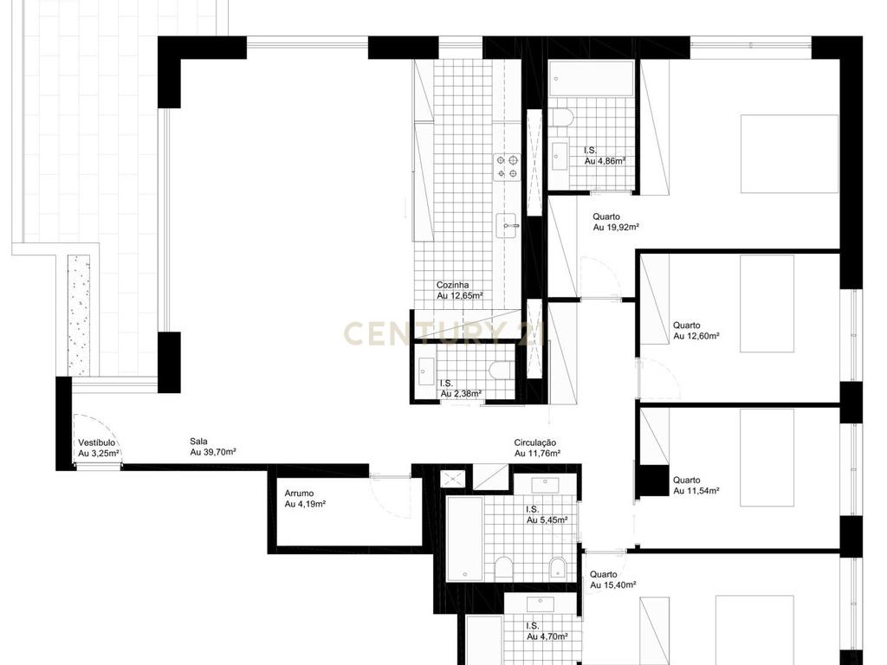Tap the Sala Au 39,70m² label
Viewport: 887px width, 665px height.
click(x=213, y=447)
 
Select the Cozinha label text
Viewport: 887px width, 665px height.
click(x=452, y=286)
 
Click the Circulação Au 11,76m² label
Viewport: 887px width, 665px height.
click(x=537, y=448)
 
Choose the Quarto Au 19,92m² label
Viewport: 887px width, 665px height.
click(x=616, y=222)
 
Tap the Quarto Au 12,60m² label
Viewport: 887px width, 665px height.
click(x=696, y=330)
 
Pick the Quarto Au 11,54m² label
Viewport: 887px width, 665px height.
click(x=696, y=485)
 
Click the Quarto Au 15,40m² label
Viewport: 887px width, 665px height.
click(x=613, y=579)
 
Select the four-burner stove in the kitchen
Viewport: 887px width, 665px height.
click(x=507, y=167)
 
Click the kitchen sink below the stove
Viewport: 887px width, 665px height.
click(x=508, y=225)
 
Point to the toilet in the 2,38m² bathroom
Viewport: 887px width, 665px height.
click(x=500, y=371)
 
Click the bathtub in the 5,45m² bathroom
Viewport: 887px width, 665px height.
click(x=465, y=539)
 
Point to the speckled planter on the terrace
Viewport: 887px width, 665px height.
click(x=79, y=315)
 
